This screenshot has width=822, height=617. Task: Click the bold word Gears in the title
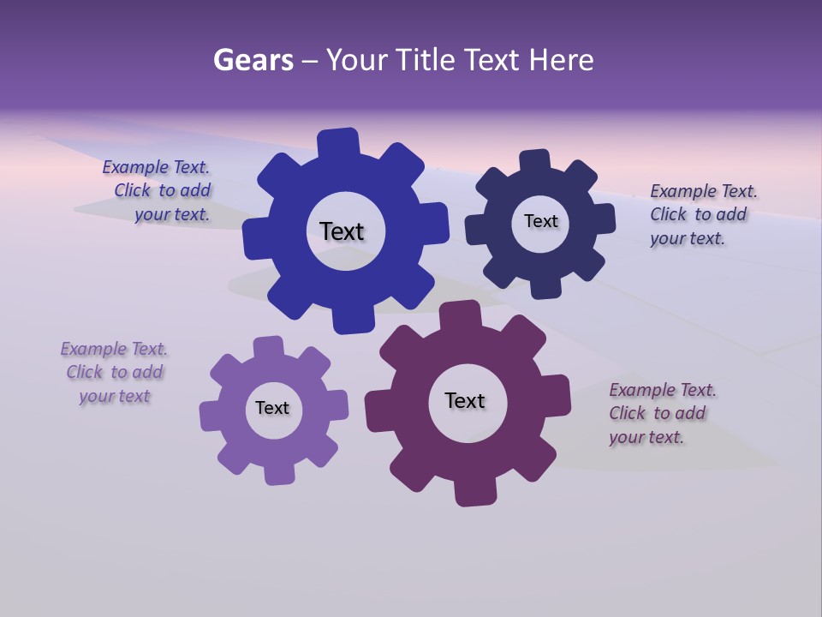tap(253, 60)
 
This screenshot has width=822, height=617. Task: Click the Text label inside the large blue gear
tap(342, 231)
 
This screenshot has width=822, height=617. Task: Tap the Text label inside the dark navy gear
tap(540, 221)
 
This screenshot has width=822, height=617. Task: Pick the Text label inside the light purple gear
tap(272, 408)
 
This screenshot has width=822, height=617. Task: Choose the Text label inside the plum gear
tap(465, 400)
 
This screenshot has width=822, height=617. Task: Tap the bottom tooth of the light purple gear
tap(280, 472)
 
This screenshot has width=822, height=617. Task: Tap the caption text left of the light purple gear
tap(114, 372)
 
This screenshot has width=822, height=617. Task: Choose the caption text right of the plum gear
tap(659, 413)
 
